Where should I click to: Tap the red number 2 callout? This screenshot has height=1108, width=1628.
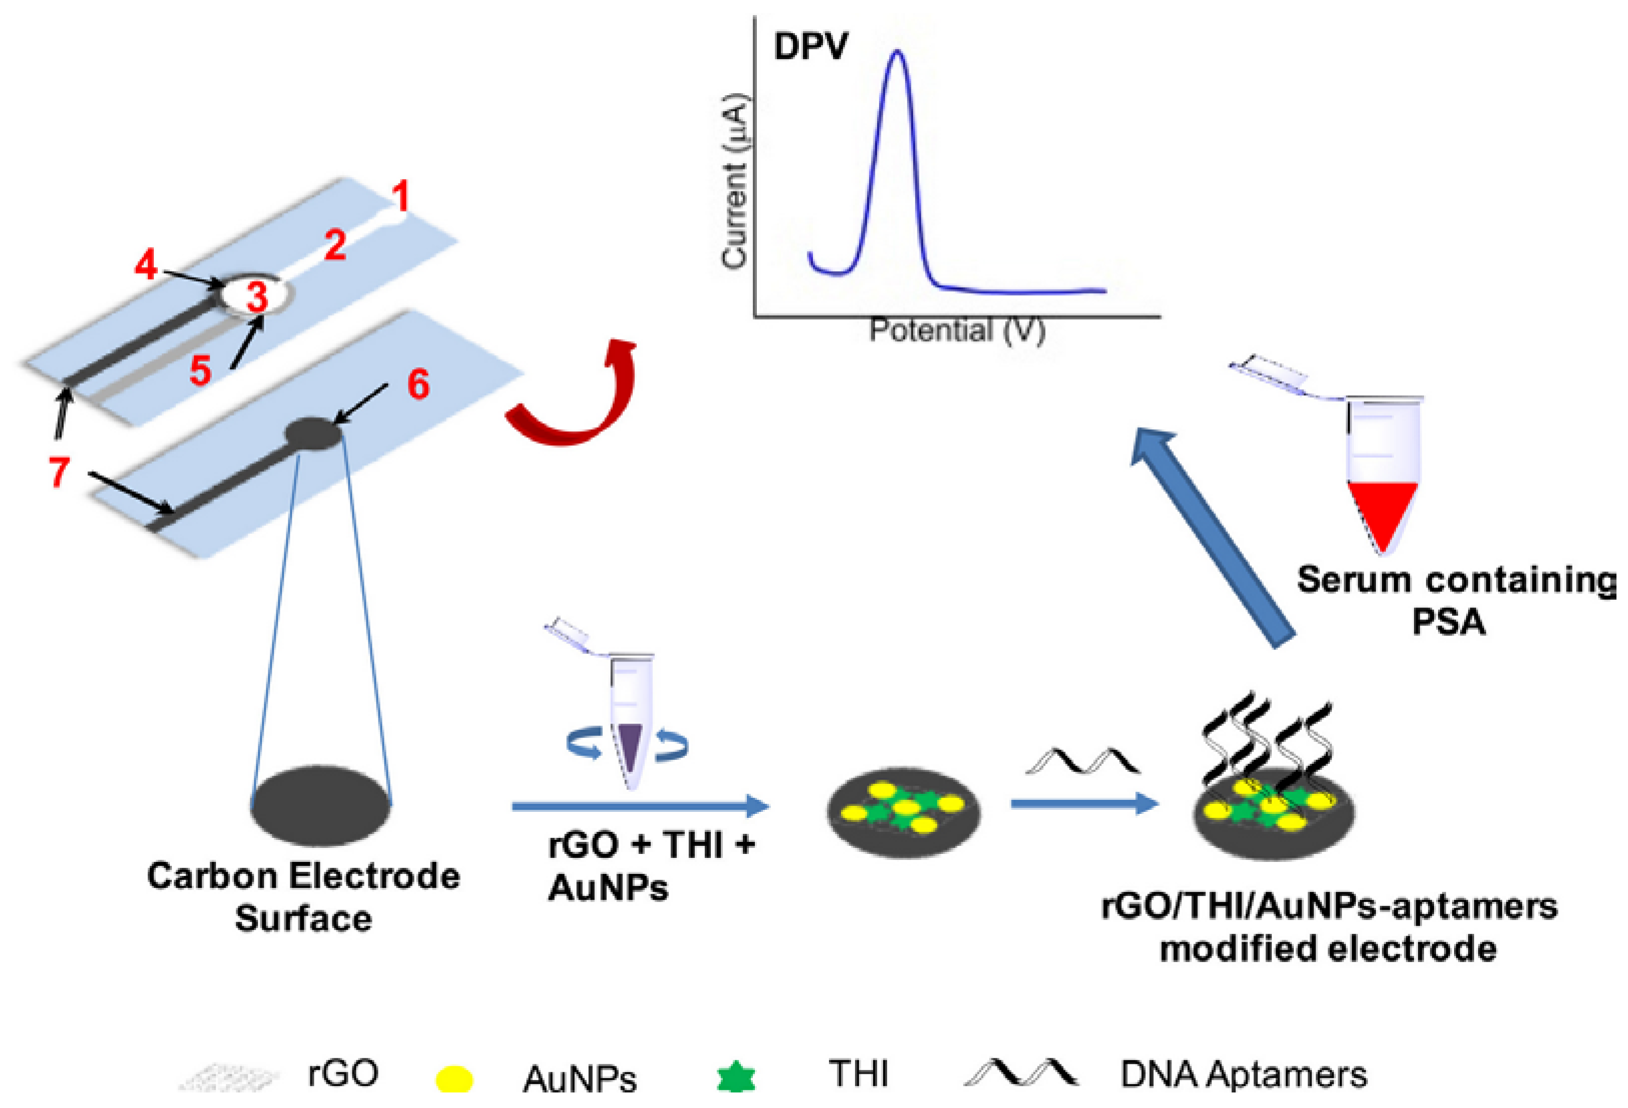[335, 245]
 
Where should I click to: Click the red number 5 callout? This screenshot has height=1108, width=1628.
[200, 370]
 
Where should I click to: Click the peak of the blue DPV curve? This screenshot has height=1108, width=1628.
[897, 53]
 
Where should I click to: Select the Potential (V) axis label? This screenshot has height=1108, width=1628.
[957, 331]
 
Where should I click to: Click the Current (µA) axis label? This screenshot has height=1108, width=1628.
[735, 181]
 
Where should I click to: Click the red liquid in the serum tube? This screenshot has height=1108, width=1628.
[1382, 510]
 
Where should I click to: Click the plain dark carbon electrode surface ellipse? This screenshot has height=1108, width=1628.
[321, 806]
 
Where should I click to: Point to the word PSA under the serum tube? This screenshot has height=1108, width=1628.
[1448, 621]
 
